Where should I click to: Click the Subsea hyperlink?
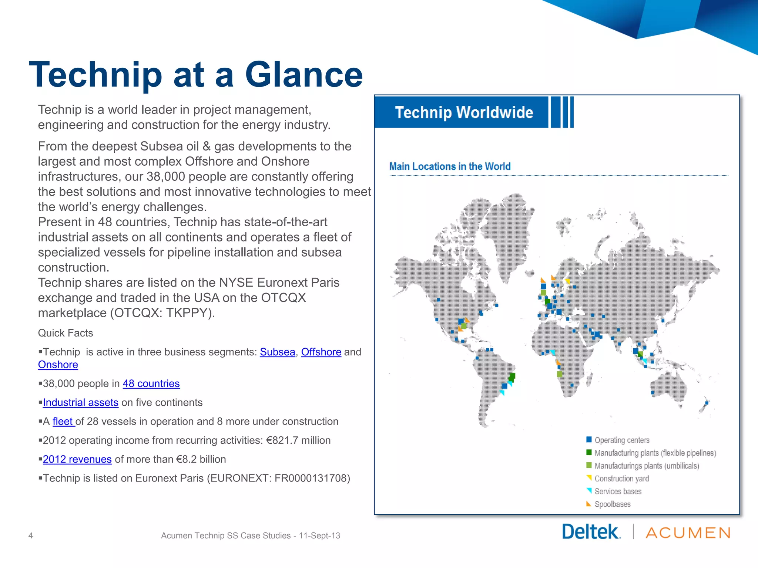pos(277,352)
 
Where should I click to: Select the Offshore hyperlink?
pos(321,352)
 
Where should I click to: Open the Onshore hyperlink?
pos(58,365)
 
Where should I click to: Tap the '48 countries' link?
pos(151,383)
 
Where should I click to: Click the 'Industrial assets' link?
pos(80,402)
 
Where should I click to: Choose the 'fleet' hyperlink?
pos(63,421)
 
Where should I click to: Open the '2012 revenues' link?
pos(77,459)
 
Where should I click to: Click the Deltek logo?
pos(591,532)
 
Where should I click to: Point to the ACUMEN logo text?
pos(688,533)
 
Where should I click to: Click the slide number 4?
pos(31,535)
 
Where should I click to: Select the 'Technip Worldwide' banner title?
pos(464,112)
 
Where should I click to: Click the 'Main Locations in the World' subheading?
pos(450,166)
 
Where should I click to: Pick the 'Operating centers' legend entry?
pos(622,440)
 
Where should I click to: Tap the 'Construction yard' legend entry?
pos(621,479)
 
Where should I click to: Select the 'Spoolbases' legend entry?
pos(612,504)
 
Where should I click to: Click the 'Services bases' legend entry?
pos(618,491)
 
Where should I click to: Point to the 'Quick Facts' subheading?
pos(66,333)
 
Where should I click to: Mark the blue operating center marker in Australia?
pos(653,393)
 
